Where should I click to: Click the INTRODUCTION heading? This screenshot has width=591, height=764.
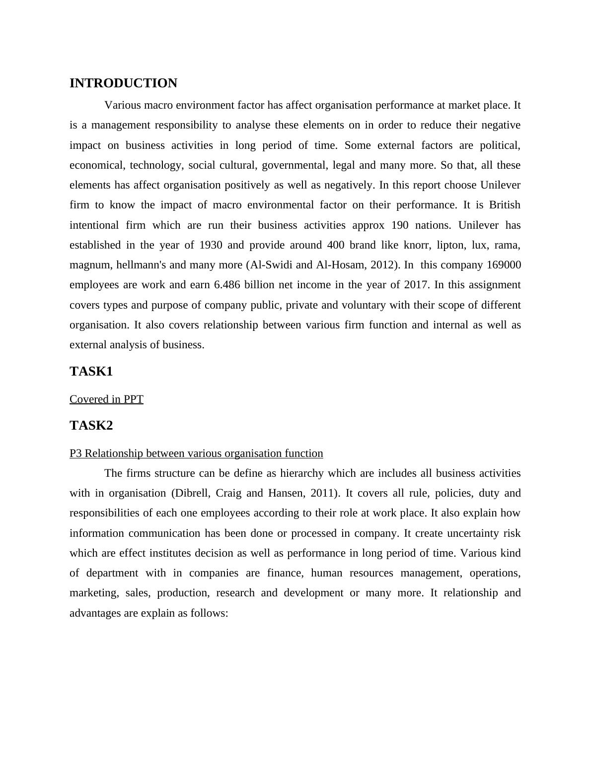123,83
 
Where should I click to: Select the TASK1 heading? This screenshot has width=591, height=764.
91,372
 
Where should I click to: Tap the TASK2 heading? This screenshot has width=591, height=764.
91,426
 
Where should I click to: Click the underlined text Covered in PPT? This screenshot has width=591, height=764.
106,399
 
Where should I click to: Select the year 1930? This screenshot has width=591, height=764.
211,245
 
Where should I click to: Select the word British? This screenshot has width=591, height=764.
505,205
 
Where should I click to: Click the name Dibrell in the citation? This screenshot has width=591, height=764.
193,493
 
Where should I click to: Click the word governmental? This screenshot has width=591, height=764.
295,165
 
